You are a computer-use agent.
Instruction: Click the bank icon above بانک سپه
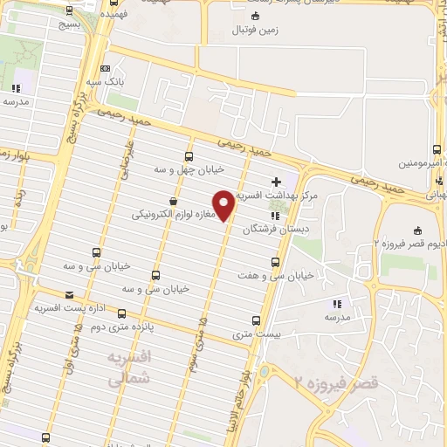click(x=106, y=67)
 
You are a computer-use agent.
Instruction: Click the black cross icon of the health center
click(x=278, y=182)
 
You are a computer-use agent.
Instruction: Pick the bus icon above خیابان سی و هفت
click(x=276, y=262)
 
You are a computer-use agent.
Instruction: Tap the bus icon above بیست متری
click(x=255, y=320)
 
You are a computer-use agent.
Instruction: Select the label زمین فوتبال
click(x=254, y=31)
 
